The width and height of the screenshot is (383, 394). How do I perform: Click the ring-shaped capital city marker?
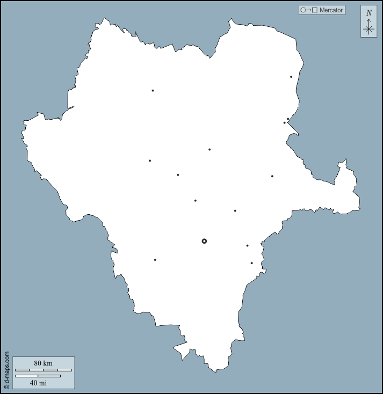coord(204,241)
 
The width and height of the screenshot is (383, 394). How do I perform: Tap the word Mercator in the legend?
coord(331,10)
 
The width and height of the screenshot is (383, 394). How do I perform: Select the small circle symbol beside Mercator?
coord(303,10)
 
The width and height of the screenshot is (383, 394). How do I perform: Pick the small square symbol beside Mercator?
coord(315,10)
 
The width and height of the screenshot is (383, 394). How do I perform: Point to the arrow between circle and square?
coord(309,10)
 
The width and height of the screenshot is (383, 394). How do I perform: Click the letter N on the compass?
coord(368,13)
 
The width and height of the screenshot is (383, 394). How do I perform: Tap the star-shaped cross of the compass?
coord(368,30)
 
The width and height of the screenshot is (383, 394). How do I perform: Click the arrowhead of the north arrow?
coord(368,20)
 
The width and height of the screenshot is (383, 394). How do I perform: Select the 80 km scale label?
coord(43,363)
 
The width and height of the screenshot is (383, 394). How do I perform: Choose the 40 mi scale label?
coord(38,383)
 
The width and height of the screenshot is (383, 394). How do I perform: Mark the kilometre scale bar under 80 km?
coord(43,370)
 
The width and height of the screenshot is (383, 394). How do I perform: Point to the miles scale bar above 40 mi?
coord(38,376)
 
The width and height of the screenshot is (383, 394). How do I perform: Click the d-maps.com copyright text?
coord(7,370)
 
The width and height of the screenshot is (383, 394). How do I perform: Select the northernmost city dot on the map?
coord(291,77)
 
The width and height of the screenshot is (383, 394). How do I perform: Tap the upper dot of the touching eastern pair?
coord(288,119)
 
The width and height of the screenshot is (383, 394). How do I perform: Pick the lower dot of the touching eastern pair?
coord(285,123)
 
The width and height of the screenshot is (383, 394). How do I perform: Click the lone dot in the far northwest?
coord(153,91)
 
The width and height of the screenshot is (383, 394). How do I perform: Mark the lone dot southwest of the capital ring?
coord(155,260)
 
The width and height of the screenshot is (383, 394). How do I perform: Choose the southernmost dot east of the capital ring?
coord(251,263)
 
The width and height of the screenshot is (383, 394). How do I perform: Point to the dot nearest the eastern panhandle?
coord(272,176)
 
